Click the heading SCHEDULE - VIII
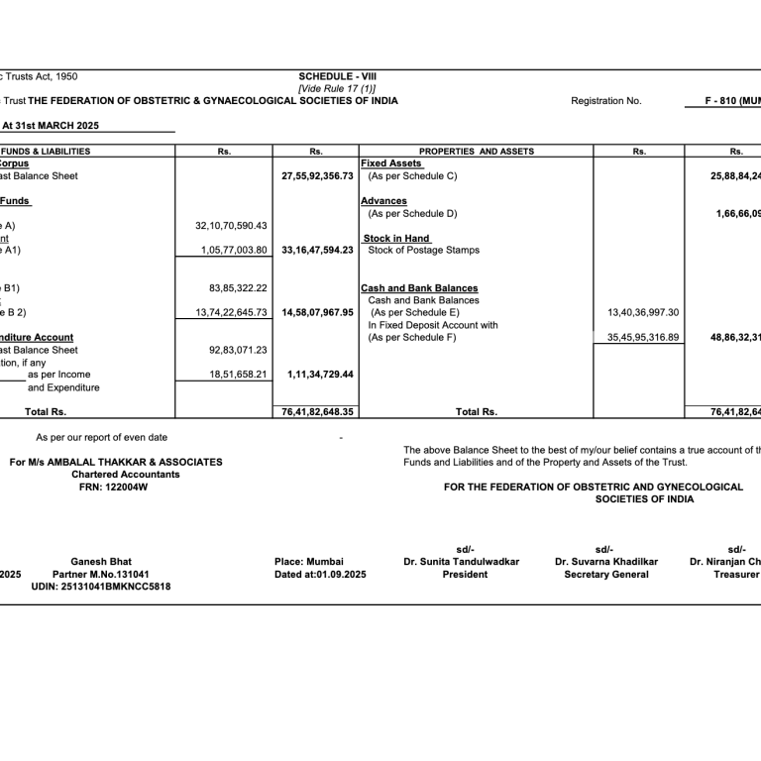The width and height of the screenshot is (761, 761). point(337,76)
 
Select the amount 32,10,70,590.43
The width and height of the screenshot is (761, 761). point(231,226)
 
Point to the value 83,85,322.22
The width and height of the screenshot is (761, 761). point(239,288)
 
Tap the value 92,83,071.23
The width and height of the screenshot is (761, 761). point(239,350)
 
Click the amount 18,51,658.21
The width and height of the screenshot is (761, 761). point(239,375)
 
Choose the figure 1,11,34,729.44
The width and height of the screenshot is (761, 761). point(320,375)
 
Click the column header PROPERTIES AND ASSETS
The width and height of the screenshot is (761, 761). point(476,152)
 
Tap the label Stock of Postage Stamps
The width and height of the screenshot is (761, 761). point(423,251)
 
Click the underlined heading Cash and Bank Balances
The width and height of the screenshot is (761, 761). point(419,288)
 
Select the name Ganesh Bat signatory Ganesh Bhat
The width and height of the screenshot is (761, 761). point(101,562)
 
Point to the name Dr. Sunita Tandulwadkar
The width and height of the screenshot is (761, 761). point(461,562)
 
